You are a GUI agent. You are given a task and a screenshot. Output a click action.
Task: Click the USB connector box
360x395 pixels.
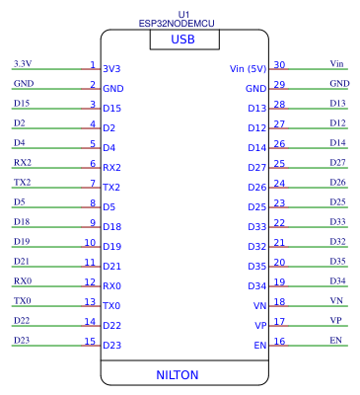(183, 39)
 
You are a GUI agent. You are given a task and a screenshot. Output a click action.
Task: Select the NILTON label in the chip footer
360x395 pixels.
(178, 375)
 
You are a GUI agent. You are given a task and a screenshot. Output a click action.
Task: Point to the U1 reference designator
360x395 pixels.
(183, 13)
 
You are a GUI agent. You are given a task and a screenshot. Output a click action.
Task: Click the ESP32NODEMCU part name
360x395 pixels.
(183, 23)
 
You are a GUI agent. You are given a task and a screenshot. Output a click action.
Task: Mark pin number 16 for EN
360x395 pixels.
(279, 341)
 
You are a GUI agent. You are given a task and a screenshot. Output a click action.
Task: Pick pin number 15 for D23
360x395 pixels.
(89, 341)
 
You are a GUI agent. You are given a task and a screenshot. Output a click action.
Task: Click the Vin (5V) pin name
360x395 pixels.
(248, 69)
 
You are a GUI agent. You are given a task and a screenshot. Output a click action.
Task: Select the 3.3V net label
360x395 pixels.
(22, 63)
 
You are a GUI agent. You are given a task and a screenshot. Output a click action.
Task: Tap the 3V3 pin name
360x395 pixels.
(111, 69)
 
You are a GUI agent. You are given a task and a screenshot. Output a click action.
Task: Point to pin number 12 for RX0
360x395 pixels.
(89, 281)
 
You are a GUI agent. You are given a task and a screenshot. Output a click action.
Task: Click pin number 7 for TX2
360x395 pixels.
(92, 183)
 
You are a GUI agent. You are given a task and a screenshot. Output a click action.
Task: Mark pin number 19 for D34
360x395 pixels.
(279, 281)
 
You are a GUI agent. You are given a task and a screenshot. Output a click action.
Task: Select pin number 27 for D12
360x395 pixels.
(279, 123)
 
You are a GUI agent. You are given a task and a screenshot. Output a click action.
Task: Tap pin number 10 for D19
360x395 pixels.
(89, 242)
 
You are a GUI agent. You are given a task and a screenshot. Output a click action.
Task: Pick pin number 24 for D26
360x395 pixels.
(279, 183)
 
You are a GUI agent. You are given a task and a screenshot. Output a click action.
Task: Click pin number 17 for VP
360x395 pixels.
(279, 321)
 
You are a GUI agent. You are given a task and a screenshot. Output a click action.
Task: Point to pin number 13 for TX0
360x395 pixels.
(89, 301)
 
